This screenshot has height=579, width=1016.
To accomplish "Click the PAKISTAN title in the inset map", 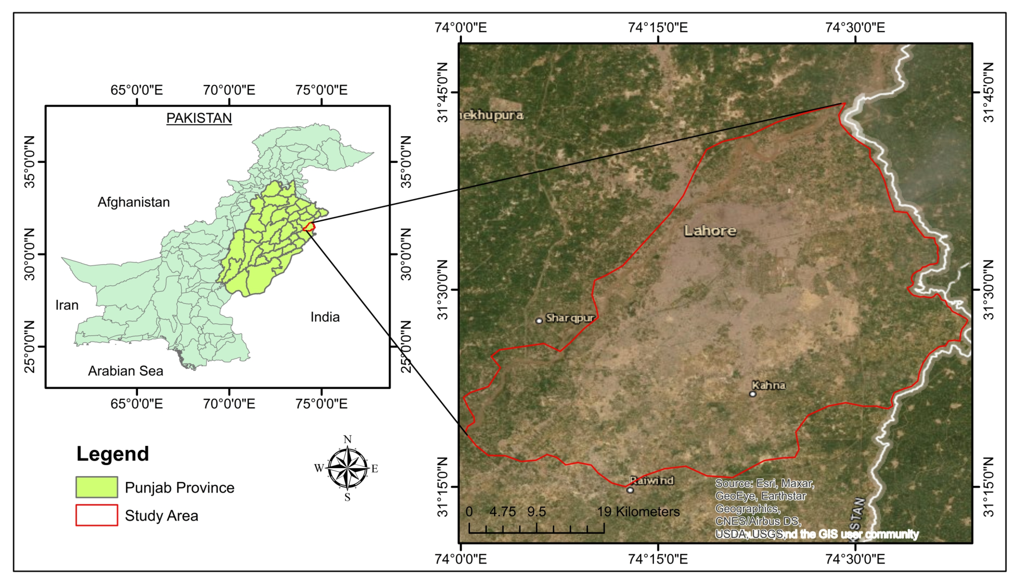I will tap(199, 118).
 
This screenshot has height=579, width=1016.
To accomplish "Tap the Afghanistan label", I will tap(133, 202).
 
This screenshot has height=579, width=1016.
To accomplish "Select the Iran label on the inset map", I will tap(67, 305).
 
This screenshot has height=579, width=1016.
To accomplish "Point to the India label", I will tap(325, 317).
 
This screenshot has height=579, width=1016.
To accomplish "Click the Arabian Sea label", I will tap(125, 371).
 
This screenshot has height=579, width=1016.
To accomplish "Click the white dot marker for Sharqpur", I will tap(539, 321).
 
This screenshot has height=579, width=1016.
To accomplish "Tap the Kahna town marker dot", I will tap(752, 394).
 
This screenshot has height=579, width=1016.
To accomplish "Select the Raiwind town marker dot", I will tap(630, 490).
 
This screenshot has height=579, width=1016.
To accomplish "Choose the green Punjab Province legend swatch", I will tap(97, 487).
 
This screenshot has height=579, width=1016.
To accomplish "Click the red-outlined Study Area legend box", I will tap(97, 515).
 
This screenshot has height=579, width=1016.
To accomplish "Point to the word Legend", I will tap(112, 454).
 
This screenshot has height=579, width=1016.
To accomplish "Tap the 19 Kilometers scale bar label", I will tap(638, 511).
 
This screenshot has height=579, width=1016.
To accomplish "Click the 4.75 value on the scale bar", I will tap(502, 511).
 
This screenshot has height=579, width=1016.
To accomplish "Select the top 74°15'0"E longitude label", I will tap(658, 27).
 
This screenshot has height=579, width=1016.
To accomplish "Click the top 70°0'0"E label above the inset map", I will tap(229, 90).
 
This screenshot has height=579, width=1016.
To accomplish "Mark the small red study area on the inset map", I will tap(309, 228).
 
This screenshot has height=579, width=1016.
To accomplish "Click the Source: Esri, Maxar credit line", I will tap(764, 484).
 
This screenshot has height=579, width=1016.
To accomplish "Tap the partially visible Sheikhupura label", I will tap(492, 115).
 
